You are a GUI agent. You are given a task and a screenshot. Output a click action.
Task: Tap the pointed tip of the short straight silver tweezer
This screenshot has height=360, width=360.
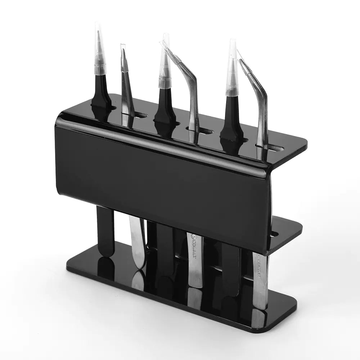pos(123,47)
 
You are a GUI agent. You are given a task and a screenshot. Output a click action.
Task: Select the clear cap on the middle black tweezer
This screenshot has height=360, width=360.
pos(165,65)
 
